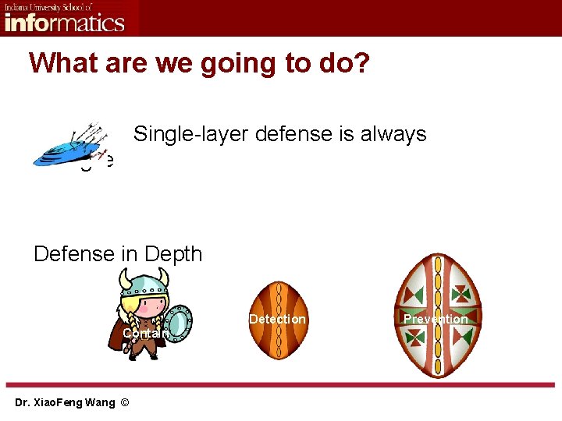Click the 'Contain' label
tap(144, 334)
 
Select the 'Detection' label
tap(277, 319)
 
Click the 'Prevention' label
tap(436, 319)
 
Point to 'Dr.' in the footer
tap(23, 402)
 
